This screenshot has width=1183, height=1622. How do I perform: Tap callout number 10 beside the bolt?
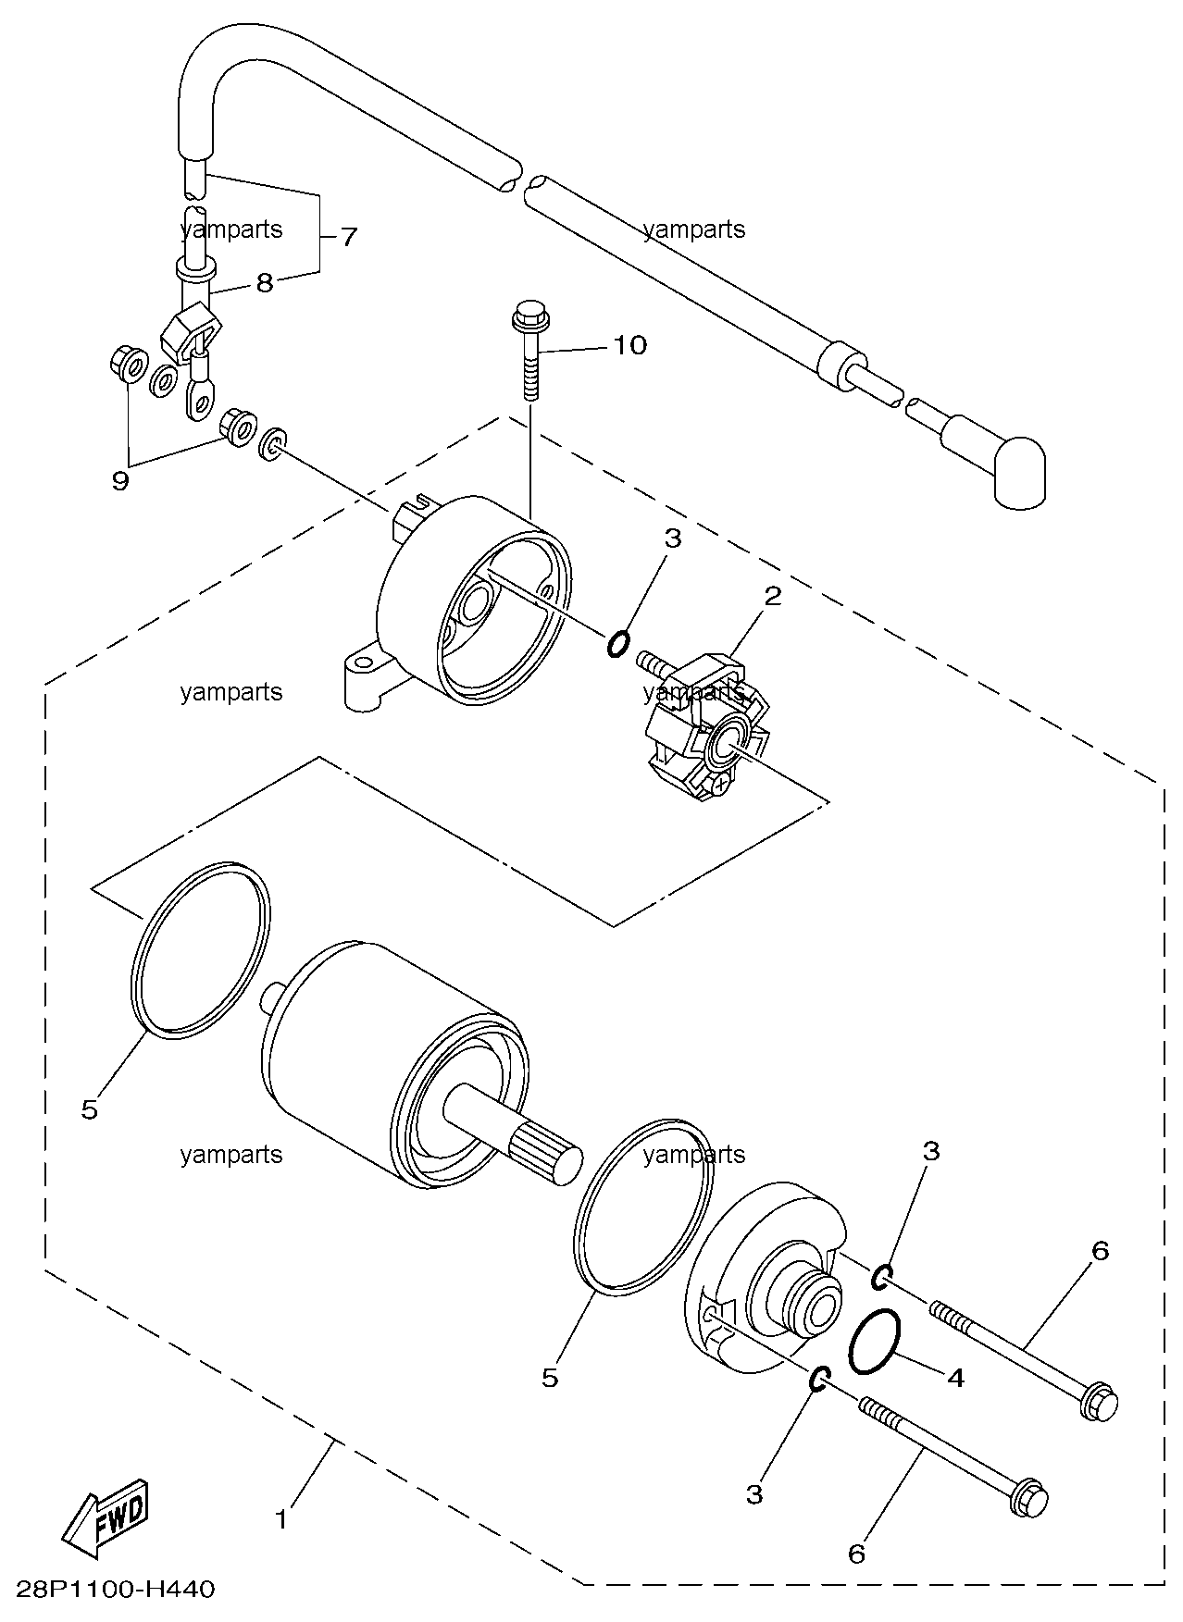pyautogui.click(x=629, y=345)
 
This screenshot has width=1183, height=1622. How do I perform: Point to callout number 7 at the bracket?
pyautogui.click(x=347, y=237)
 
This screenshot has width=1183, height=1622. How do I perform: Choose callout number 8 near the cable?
pyautogui.click(x=265, y=282)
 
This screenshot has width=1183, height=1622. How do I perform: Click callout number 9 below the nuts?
pyautogui.click(x=120, y=480)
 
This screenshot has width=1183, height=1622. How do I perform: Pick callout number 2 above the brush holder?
pyautogui.click(x=771, y=596)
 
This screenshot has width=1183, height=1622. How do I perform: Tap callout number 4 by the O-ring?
pyautogui.click(x=955, y=1377)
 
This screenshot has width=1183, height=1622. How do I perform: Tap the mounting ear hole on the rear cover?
pyautogui.click(x=359, y=663)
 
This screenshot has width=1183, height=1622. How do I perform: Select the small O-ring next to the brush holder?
pyautogui.click(x=618, y=643)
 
